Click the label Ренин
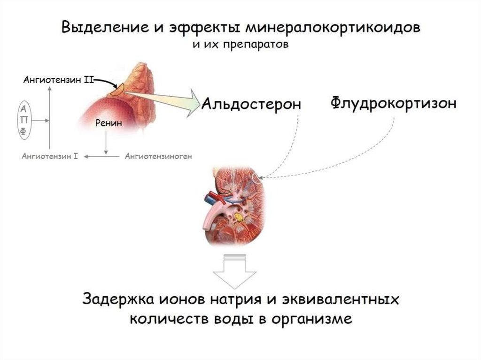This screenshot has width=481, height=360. pyautogui.click(x=109, y=124)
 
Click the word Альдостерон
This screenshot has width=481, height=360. pyautogui.click(x=251, y=104)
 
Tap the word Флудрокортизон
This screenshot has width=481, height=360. pyautogui.click(x=393, y=103)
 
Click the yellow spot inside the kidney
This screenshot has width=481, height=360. pyautogui.click(x=239, y=217)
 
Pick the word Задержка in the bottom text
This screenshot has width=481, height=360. pyautogui.click(x=111, y=300)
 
